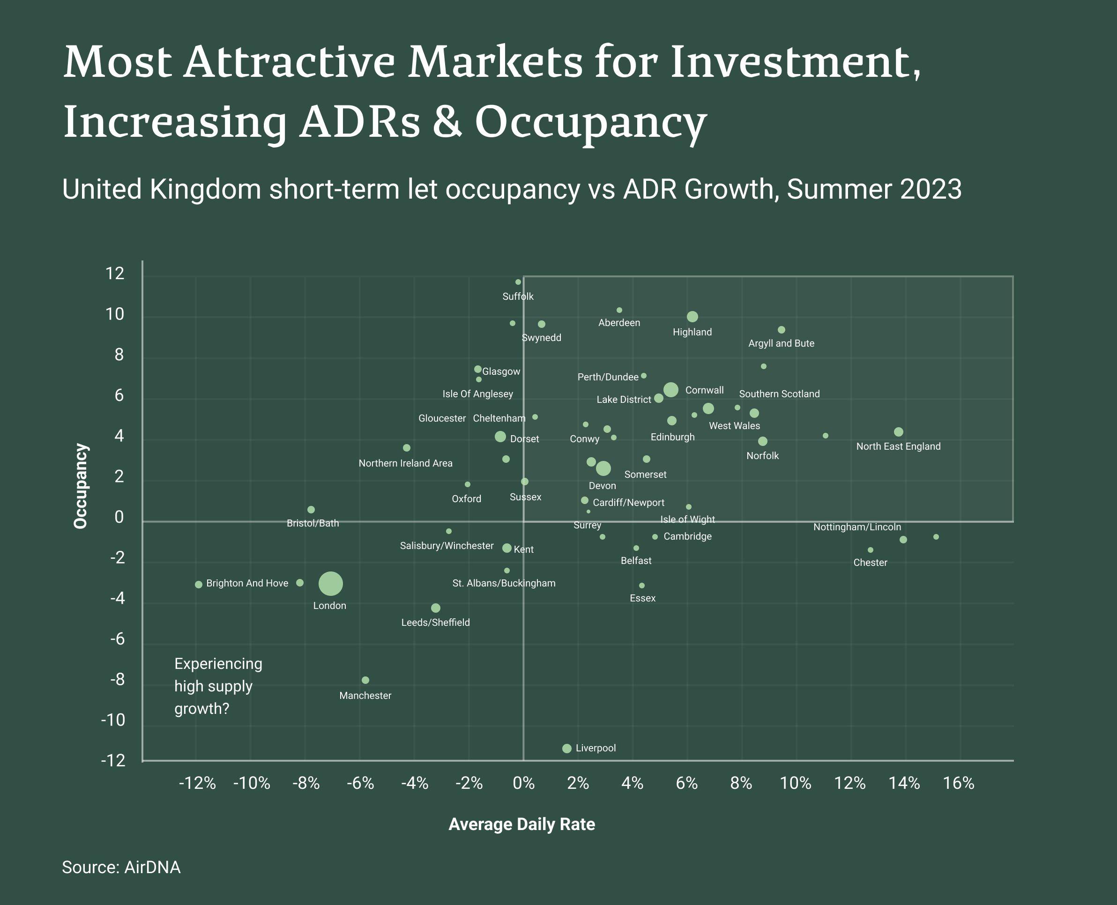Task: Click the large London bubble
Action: pos(331,583)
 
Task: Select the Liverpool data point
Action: pos(567,749)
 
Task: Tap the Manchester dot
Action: pos(365,680)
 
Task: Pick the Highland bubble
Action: pos(693,317)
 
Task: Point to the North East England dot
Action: pos(899,431)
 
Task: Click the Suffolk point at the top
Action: pos(518,282)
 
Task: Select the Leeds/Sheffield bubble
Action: pos(436,608)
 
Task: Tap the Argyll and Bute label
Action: pos(781,343)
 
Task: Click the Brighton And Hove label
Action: pos(247,583)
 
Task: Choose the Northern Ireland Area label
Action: pos(406,463)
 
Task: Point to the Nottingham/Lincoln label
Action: pos(857,527)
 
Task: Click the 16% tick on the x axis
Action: pos(959,783)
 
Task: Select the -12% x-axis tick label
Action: pos(197,783)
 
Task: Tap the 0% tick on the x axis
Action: pos(523,783)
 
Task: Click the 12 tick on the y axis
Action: pos(115,273)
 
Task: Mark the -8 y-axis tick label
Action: pos(117,680)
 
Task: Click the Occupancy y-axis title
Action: pos(81,486)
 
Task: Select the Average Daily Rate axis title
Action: pos(521,824)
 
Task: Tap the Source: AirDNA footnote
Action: pos(121,867)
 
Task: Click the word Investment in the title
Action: pos(795,63)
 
